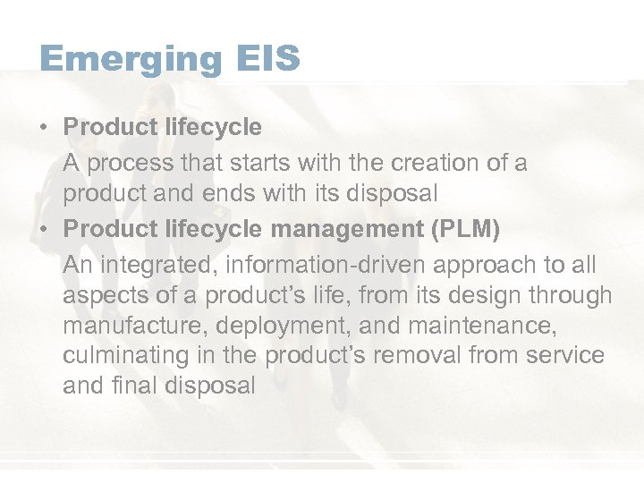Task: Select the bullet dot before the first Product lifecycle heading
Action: pos(44,127)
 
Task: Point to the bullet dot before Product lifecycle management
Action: pos(44,229)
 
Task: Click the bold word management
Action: pos(346,229)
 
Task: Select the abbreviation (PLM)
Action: pos(464,229)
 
